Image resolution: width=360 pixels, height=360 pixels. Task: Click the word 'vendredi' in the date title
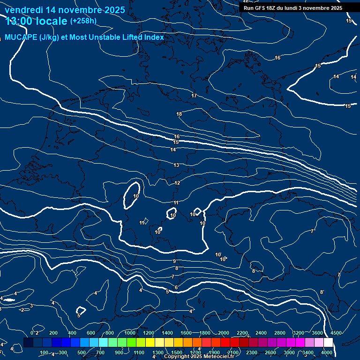click(x=23, y=10)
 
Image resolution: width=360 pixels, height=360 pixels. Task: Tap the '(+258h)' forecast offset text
click(x=83, y=21)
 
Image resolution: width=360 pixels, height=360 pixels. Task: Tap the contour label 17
click(x=194, y=96)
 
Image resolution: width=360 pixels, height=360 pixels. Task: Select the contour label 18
click(x=179, y=114)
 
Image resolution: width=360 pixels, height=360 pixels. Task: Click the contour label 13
click(x=176, y=165)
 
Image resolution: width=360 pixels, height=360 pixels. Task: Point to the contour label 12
click(x=177, y=183)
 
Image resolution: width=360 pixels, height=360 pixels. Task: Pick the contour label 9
click(x=174, y=261)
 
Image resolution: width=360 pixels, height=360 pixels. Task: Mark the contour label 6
click(x=176, y=287)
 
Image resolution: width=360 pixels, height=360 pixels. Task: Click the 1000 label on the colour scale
click(x=130, y=333)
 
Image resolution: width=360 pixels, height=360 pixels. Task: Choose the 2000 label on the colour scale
click(x=224, y=333)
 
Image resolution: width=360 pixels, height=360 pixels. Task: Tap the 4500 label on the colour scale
click(x=336, y=333)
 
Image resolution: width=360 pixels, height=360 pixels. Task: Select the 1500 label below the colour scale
click(x=177, y=352)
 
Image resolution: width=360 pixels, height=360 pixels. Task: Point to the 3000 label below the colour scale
click(x=289, y=352)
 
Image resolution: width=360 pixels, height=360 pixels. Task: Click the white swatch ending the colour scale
click(x=341, y=343)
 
